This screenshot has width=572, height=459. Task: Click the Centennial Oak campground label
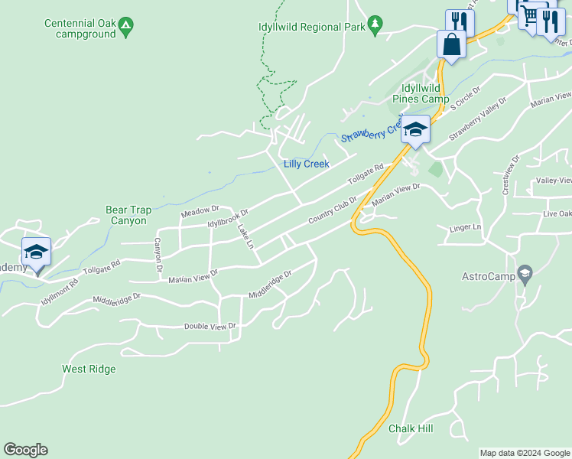(x=80, y=29)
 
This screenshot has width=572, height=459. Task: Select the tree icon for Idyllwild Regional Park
(x=374, y=25)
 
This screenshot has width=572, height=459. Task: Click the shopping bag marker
(x=451, y=44)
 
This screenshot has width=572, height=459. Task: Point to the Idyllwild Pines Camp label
(x=421, y=93)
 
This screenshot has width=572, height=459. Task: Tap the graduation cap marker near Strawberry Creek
(x=415, y=129)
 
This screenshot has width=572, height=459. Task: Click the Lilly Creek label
(x=306, y=164)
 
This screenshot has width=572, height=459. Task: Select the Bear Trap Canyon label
(x=125, y=215)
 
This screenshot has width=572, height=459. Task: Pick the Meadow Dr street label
(x=200, y=211)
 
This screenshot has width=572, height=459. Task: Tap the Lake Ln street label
(x=244, y=236)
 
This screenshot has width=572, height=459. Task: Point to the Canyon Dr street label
(x=158, y=255)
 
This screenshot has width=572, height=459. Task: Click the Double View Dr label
(x=210, y=327)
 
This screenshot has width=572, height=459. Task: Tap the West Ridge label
(x=89, y=369)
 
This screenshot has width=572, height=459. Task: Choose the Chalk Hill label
(x=411, y=428)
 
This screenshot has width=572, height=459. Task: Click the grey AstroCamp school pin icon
(x=524, y=273)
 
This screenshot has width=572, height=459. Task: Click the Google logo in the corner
(x=26, y=450)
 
